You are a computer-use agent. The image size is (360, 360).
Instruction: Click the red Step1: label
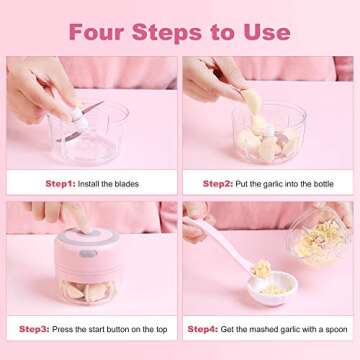pyautogui.click(x=61, y=183)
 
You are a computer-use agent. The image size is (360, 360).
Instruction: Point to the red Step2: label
pyautogui.click(x=218, y=183)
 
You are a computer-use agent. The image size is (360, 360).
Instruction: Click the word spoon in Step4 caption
pyautogui.click(x=326, y=328)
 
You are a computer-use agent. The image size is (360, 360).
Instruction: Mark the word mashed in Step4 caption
pyautogui.click(x=260, y=328)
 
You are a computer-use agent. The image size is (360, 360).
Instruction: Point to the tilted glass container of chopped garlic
pyautogui.click(x=320, y=240)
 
